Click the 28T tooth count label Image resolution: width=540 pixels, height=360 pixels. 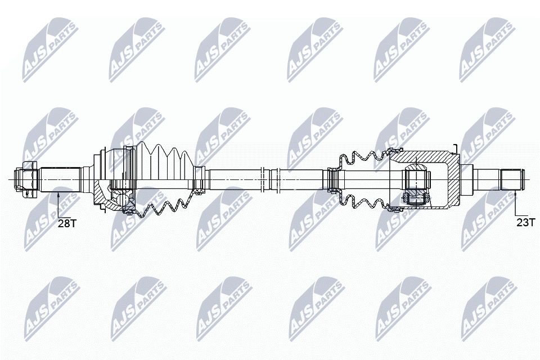point(67,223)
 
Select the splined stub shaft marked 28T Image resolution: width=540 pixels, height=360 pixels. point(60,179)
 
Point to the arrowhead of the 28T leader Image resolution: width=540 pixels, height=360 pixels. point(58,194)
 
